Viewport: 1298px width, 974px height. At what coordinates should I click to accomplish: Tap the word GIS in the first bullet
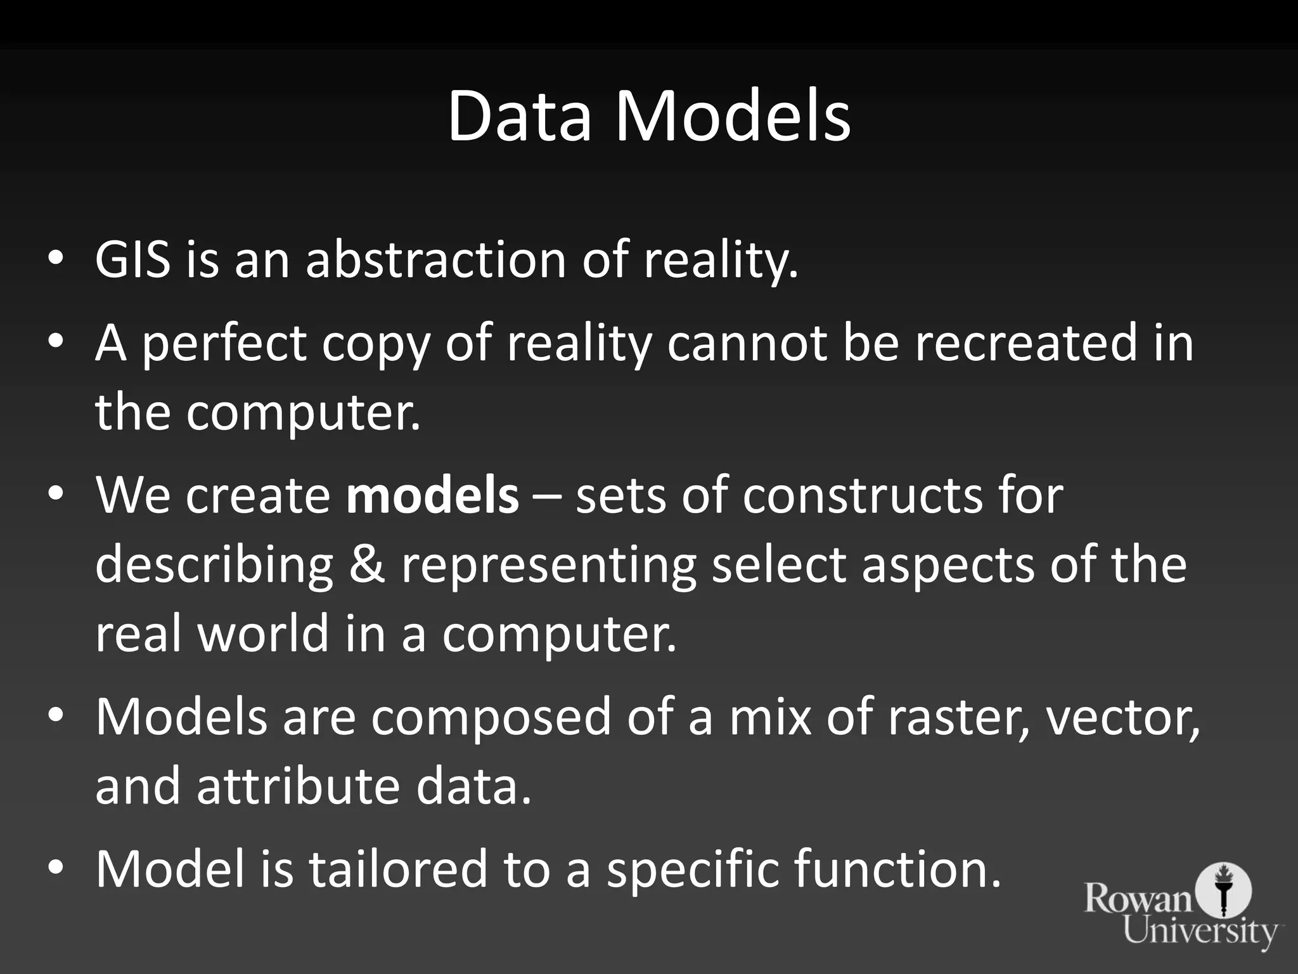point(132,259)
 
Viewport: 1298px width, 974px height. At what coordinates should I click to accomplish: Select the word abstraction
point(436,259)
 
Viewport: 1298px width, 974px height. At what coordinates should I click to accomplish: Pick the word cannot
point(747,342)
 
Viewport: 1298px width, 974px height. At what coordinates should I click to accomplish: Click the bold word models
point(433,495)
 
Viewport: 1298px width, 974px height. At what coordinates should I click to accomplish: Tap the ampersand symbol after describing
point(367,564)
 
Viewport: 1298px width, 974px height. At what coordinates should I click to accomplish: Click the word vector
point(1122,717)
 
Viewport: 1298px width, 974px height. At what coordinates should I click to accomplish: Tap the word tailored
point(397,868)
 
